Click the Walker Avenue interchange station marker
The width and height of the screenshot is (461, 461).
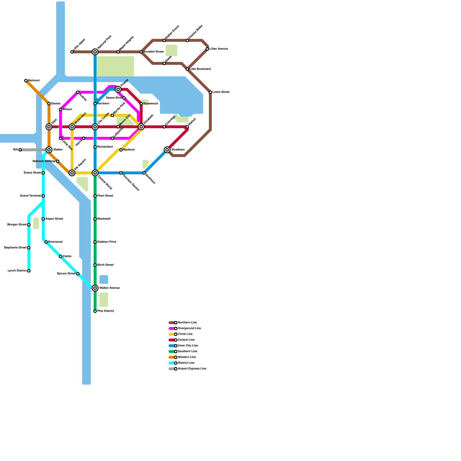point(95,288)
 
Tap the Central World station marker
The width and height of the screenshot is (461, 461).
point(95,173)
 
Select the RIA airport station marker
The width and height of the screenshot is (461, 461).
point(20,150)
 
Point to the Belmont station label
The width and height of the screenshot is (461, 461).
point(34,81)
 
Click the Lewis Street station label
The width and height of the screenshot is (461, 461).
point(221,92)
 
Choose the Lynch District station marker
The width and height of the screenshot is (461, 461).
point(29,271)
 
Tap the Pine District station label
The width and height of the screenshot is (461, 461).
point(106,311)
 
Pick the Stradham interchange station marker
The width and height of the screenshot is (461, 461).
point(167,150)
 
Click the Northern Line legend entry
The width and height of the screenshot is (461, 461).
point(187,323)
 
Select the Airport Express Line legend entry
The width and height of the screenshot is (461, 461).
point(192,369)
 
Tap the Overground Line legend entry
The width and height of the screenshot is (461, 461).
point(189,328)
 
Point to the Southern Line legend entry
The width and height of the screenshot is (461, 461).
point(188,352)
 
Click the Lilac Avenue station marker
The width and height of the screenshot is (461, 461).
point(207,49)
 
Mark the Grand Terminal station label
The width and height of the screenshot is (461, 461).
point(30,196)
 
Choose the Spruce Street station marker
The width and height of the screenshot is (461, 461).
point(78,274)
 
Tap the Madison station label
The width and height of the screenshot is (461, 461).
point(129,150)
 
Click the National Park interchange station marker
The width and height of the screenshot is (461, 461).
point(95,52)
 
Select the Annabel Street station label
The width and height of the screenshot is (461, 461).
point(154,52)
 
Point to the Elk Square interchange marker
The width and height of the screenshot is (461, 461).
point(72,173)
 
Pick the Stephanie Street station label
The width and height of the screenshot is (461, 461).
point(15,248)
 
